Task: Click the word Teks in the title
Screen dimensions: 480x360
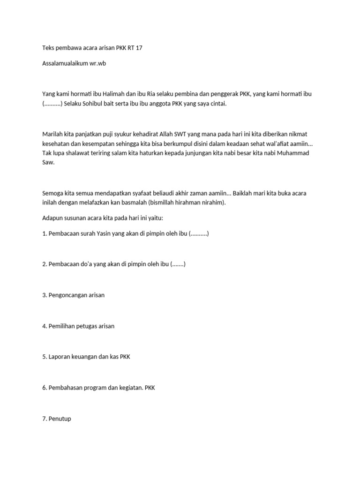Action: pyautogui.click(x=49, y=48)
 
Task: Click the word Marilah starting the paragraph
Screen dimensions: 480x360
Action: pyautogui.click(x=53, y=134)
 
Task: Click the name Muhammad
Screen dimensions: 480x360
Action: pyautogui.click(x=292, y=153)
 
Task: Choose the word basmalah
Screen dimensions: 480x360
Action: pyautogui.click(x=149, y=203)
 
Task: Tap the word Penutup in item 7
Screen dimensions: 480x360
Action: pyautogui.click(x=60, y=418)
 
